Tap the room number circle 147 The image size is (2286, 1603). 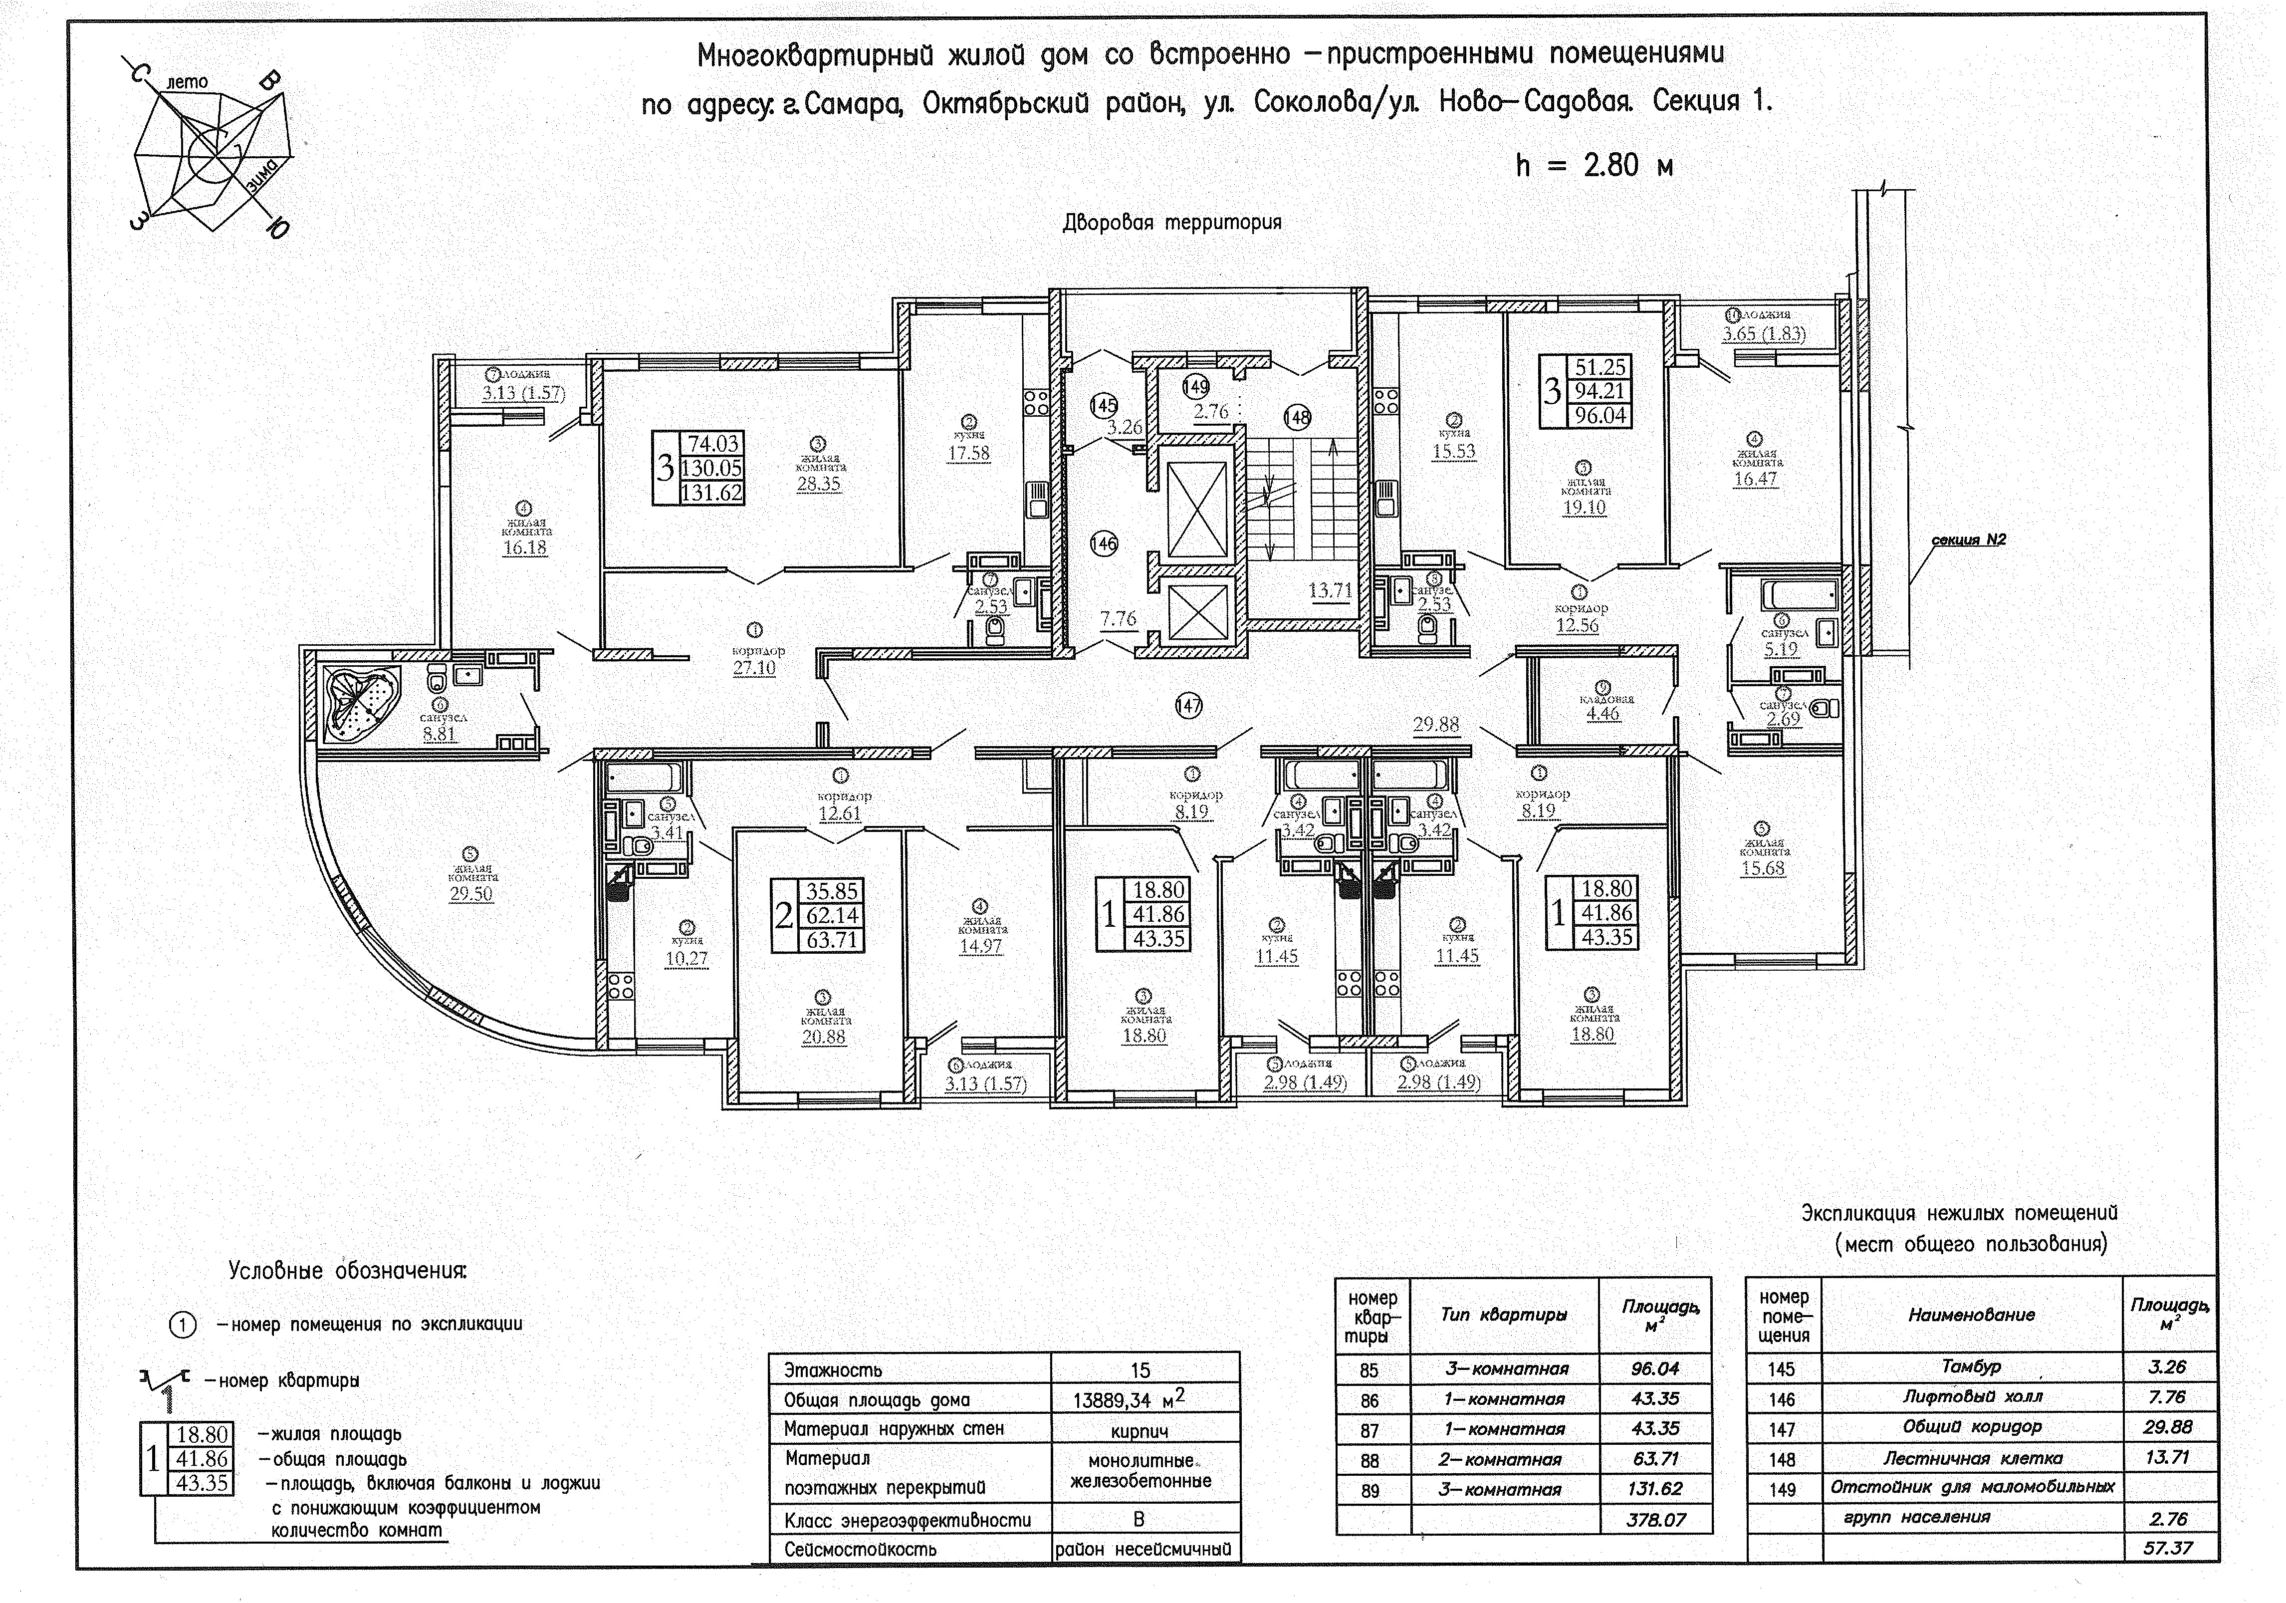click(1188, 706)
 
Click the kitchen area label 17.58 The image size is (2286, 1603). click(969, 453)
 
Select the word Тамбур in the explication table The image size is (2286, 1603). click(1970, 1367)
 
